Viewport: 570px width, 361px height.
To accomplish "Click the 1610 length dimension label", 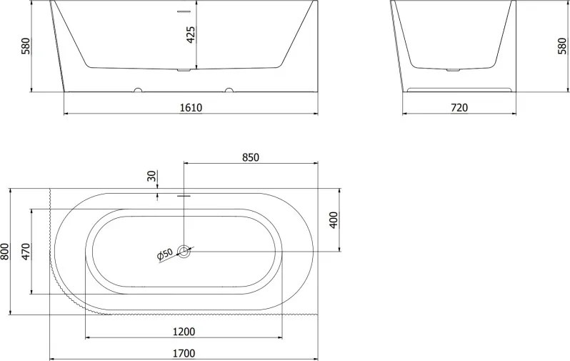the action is point(191,108).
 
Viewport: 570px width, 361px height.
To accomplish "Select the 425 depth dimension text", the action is point(191,34).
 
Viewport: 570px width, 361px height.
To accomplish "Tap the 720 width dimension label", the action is point(459,108).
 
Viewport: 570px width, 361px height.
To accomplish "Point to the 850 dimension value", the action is point(251,157).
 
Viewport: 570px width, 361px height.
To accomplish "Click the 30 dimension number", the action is point(152,176).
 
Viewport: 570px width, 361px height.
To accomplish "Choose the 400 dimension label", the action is point(334,219).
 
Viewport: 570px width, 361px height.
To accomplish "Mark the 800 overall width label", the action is point(5,252).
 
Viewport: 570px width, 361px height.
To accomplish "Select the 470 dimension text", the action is point(26,252).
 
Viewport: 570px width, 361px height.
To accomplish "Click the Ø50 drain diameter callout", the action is point(165,254).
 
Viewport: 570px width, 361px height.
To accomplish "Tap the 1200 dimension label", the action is point(184,332).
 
